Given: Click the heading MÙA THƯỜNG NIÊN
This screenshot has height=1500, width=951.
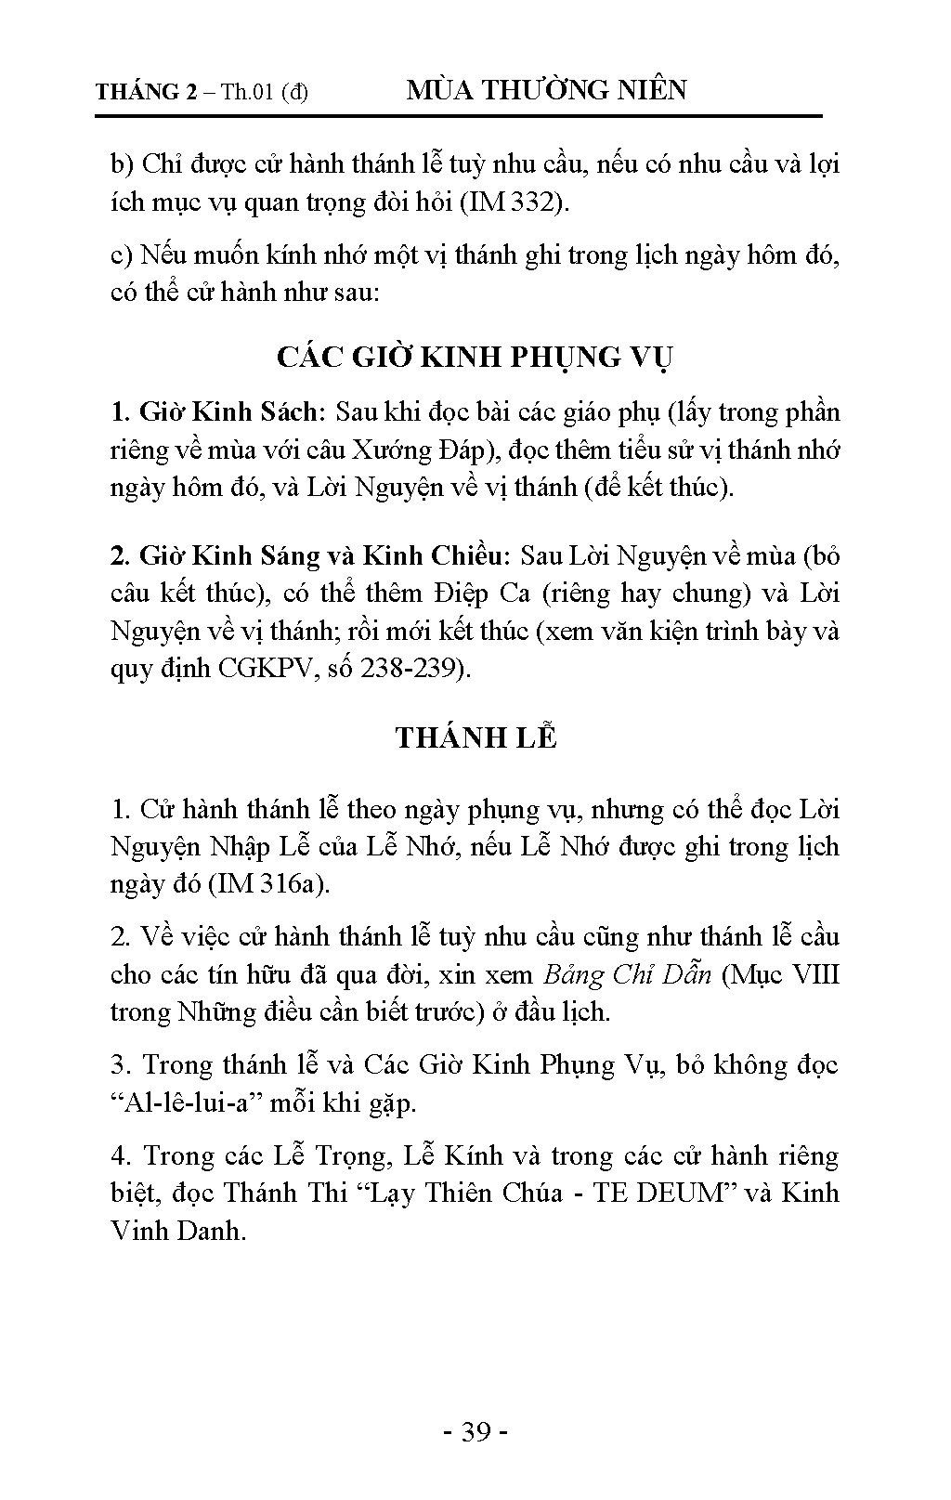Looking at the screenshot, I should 547,90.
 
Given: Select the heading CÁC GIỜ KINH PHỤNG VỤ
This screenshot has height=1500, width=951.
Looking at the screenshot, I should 475,357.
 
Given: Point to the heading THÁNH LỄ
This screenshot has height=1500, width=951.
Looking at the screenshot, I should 475,737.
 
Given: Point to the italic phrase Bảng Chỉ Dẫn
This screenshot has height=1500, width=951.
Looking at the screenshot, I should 628,974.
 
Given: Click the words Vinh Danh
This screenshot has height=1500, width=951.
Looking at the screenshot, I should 177,1231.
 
